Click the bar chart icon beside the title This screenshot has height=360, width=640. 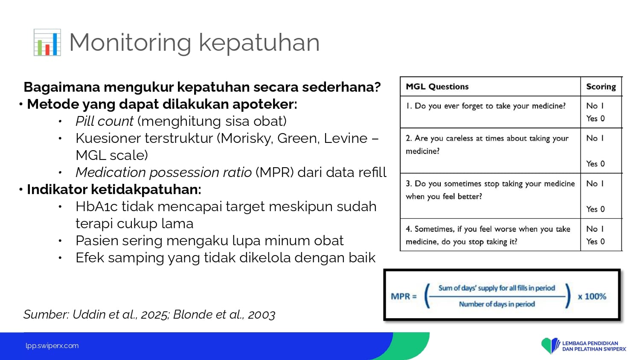click(47, 42)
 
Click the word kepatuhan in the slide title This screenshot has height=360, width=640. click(259, 43)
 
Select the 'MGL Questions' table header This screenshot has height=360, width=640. click(437, 87)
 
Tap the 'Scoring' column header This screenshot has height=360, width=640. click(601, 87)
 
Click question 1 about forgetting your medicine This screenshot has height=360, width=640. click(486, 106)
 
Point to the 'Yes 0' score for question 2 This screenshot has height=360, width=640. click(596, 164)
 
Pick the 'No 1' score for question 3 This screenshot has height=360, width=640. click(595, 183)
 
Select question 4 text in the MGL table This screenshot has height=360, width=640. click(488, 235)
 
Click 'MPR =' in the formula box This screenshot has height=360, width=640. click(404, 296)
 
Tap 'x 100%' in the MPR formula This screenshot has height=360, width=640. click(592, 296)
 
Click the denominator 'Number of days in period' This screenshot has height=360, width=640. click(497, 304)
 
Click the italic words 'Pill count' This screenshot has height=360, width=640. click(104, 121)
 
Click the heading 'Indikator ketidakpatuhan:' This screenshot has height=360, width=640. click(114, 189)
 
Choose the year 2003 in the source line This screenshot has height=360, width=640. click(262, 314)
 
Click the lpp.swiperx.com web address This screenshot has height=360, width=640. click(52, 346)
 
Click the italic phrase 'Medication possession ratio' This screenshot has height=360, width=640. click(164, 172)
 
